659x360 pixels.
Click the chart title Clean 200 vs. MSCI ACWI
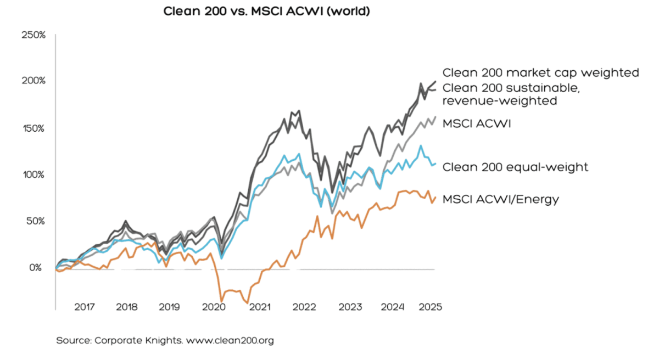tap(267, 12)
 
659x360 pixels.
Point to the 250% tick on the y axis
tap(33, 35)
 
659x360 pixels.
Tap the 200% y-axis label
tap(33, 82)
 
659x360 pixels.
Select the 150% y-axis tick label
tap(33, 128)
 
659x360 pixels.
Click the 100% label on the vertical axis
tap(33, 175)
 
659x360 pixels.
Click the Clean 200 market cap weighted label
tap(541, 72)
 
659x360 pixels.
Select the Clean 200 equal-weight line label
tap(515, 167)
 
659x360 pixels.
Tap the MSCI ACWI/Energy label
tap(500, 199)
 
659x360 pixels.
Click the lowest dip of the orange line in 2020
tap(221, 301)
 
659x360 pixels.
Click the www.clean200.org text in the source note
tap(230, 341)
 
